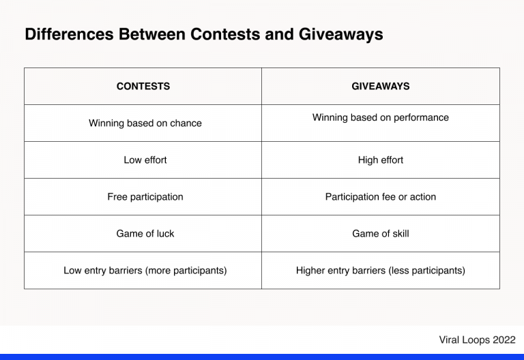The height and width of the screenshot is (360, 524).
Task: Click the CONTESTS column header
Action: click(143, 87)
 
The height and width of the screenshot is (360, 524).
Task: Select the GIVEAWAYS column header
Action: click(381, 87)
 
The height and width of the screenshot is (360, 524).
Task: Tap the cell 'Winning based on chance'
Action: click(145, 123)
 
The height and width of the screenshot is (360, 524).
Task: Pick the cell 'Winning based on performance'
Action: click(381, 118)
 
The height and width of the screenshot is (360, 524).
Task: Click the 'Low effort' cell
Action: click(145, 160)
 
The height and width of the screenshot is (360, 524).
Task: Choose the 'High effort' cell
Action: click(381, 160)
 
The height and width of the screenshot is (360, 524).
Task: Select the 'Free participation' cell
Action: click(145, 197)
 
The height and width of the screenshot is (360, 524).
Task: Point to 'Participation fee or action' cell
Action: click(381, 197)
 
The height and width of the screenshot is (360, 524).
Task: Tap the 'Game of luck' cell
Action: click(145, 234)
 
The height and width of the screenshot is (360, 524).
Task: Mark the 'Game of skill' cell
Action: click(381, 234)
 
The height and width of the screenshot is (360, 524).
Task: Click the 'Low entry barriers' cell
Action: click(145, 271)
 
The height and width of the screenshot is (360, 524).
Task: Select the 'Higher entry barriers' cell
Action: click(381, 271)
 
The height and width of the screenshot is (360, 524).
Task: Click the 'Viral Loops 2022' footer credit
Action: click(478, 340)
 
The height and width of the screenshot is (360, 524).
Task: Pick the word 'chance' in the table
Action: click(186, 123)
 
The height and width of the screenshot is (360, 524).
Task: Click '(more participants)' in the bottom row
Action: click(186, 271)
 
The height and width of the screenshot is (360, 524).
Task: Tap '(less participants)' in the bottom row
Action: click(426, 271)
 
